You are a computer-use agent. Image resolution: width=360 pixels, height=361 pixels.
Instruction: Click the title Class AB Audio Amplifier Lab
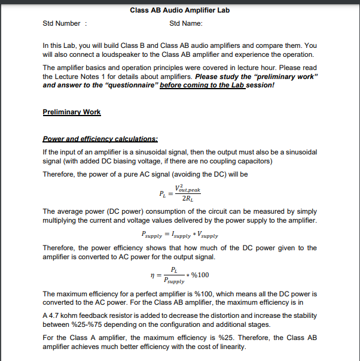point(179,10)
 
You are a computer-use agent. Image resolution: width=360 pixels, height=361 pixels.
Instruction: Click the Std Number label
point(62,23)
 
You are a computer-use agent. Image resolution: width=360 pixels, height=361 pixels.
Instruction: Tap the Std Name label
point(186,23)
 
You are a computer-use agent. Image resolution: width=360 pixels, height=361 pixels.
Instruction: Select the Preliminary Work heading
point(72,112)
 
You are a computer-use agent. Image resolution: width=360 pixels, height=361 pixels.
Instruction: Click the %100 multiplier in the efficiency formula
point(200,275)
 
